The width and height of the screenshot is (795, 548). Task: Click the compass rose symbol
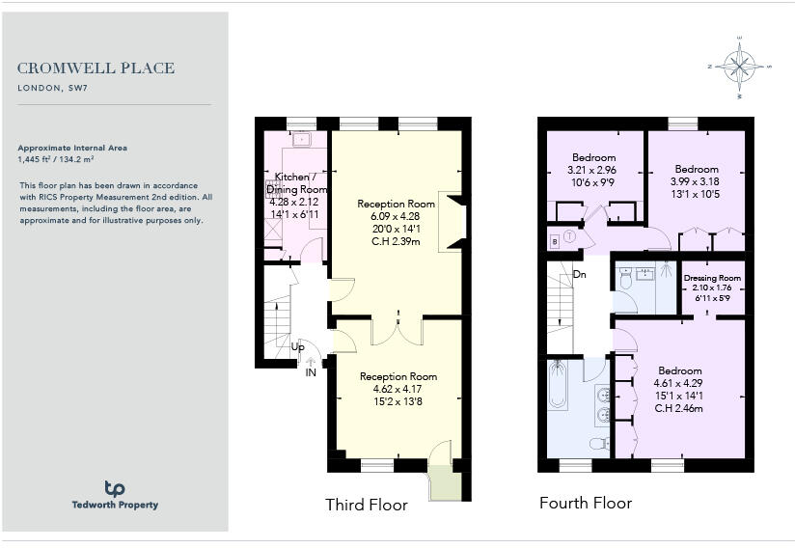tap(739, 67)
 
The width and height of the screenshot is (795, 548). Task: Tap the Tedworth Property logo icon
tap(115, 489)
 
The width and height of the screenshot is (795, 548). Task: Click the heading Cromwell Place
tap(96, 68)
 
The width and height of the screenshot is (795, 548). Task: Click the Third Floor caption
tap(366, 505)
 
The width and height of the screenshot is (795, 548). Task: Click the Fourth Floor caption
tap(586, 503)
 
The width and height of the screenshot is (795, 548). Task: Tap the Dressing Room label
tap(713, 278)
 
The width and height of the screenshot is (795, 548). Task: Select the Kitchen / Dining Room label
tap(301, 183)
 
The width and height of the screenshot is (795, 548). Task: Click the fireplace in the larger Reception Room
tap(452, 222)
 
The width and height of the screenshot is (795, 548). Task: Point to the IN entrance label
tap(311, 372)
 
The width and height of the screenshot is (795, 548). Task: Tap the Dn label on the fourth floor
tap(579, 275)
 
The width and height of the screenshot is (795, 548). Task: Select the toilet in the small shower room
tap(625, 280)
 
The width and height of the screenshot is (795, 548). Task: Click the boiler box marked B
tap(554, 239)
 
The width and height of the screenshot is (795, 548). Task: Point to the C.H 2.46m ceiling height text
tap(679, 408)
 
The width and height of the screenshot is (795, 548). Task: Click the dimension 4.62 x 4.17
tap(398, 389)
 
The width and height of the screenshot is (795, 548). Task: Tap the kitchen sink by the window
tap(301, 139)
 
